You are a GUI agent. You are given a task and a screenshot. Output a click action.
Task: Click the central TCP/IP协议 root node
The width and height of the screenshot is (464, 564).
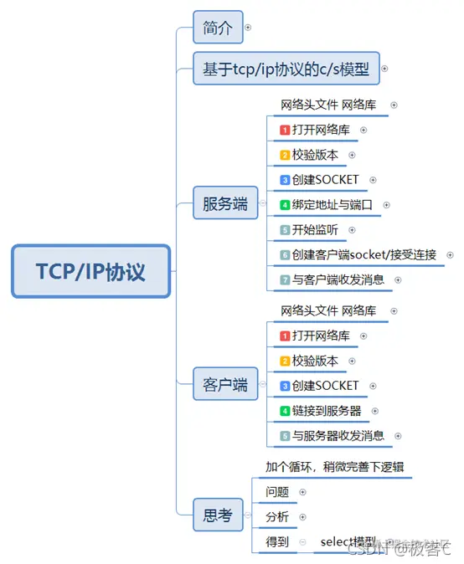click(90, 272)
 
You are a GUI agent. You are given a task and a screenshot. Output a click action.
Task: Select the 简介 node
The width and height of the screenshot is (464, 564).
click(217, 28)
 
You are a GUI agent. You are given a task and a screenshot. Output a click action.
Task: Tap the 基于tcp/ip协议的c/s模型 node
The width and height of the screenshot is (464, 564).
click(286, 69)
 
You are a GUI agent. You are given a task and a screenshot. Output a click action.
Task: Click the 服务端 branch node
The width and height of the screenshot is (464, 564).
click(225, 203)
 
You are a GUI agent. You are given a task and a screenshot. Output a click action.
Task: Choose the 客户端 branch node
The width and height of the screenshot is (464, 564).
click(225, 385)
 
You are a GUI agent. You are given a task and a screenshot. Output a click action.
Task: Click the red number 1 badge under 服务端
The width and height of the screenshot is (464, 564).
click(285, 131)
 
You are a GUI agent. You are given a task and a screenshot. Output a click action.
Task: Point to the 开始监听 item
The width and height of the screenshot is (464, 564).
click(316, 229)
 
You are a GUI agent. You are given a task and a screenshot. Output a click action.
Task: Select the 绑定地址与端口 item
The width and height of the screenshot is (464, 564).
click(331, 205)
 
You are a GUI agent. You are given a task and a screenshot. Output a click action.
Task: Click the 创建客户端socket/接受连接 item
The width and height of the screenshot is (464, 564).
click(364, 254)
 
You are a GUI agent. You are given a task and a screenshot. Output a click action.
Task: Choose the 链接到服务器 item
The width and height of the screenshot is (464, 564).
click(326, 411)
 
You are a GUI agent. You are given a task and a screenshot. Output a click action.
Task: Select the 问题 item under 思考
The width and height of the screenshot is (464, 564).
click(277, 492)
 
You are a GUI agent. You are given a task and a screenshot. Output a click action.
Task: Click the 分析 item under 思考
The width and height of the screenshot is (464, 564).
click(277, 517)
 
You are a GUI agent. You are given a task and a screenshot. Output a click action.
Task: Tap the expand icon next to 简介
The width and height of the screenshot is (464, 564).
click(247, 28)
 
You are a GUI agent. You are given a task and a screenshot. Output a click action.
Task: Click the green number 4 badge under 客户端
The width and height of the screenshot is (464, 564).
click(285, 411)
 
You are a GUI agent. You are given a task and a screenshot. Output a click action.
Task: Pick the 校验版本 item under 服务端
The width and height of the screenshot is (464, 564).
click(315, 155)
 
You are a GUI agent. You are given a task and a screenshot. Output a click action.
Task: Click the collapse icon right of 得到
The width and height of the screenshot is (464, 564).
click(302, 542)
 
